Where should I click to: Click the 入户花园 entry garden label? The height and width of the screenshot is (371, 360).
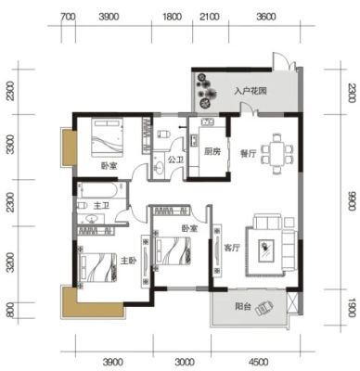(251, 92)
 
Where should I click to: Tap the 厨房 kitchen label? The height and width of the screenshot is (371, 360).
(212, 151)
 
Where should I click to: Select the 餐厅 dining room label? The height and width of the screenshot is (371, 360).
(249, 153)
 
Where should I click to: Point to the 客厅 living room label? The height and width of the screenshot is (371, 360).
(232, 248)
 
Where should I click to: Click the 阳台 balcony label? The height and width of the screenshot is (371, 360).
(243, 307)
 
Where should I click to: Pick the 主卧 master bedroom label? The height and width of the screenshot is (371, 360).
(128, 261)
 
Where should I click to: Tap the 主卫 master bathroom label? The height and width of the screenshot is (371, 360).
(101, 205)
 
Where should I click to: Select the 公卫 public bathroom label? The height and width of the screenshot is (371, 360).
(175, 160)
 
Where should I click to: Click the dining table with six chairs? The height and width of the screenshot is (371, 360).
(276, 154)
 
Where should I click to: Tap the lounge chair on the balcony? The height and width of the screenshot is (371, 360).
(264, 308)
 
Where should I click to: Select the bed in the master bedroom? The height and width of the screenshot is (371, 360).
(98, 267)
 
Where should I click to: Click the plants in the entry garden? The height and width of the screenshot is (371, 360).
(206, 90)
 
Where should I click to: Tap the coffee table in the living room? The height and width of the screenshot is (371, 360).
(266, 249)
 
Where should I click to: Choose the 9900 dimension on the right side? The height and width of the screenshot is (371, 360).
(352, 201)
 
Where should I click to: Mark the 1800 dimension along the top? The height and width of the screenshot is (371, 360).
(173, 16)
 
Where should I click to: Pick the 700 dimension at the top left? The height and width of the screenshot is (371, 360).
(68, 17)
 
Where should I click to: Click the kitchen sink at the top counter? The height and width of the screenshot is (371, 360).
(208, 122)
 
